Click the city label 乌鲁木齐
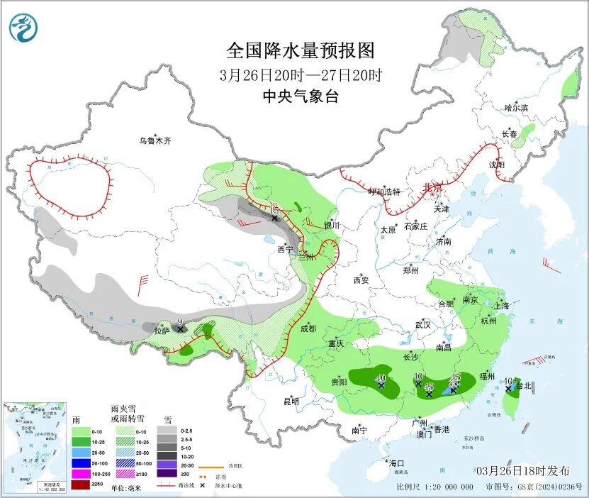tap(155, 141)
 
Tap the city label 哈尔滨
tap(516, 108)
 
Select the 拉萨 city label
tap(161, 330)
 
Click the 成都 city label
tap(308, 328)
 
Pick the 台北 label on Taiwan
tap(525, 387)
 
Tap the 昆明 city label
tap(291, 401)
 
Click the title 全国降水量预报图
tap(300, 50)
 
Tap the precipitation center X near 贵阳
tap(381, 386)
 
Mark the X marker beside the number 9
tap(180, 329)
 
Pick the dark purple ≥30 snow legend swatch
tap(168, 473)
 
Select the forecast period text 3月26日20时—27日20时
tap(300, 74)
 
